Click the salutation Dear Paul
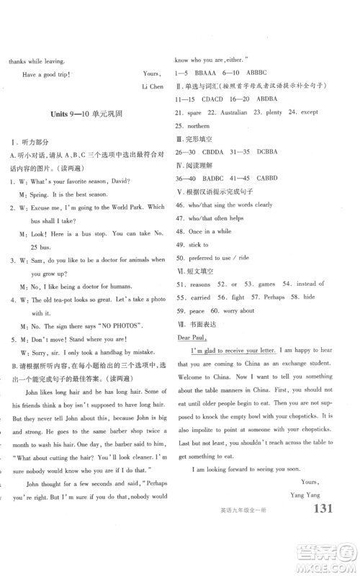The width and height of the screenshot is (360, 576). click(189, 337)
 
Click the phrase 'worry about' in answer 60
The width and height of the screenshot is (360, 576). click(237, 310)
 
